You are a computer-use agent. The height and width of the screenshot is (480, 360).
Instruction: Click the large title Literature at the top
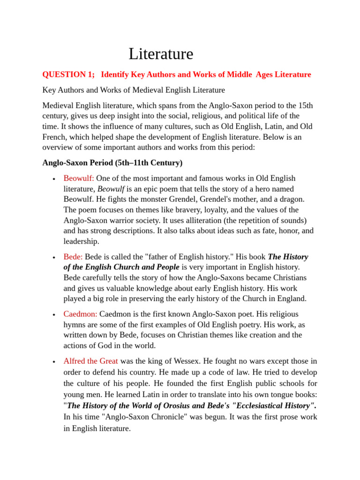(161, 54)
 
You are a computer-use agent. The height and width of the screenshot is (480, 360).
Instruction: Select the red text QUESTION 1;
(68, 75)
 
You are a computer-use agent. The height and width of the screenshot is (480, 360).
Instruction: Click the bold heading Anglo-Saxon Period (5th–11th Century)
(112, 163)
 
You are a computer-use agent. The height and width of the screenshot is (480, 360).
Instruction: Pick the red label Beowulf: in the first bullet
(79, 179)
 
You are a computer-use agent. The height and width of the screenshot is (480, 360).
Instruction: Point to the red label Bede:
(73, 257)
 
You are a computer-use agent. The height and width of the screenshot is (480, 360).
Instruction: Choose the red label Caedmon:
(80, 314)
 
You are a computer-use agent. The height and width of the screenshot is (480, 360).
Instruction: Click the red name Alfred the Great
(90, 361)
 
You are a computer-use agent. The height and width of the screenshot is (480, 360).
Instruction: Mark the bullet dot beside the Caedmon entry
(54, 315)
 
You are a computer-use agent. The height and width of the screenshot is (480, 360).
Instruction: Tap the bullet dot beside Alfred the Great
(54, 362)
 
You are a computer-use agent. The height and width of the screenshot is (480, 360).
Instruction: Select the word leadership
(81, 241)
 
